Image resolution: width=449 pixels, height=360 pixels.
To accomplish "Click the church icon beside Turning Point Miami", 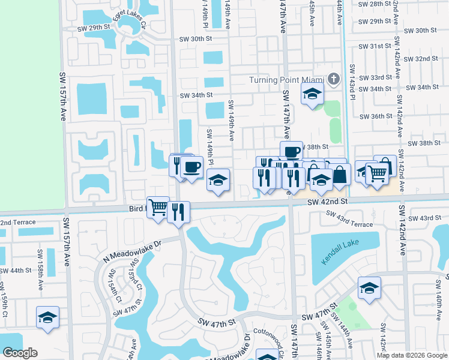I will point(334,79).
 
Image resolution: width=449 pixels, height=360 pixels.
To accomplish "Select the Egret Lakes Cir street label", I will point(124,25).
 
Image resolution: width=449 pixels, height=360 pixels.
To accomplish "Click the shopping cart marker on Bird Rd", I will point(158,207).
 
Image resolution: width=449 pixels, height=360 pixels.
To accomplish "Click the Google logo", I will point(20,352).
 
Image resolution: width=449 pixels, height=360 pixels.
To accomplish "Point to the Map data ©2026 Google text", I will point(411,355).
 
